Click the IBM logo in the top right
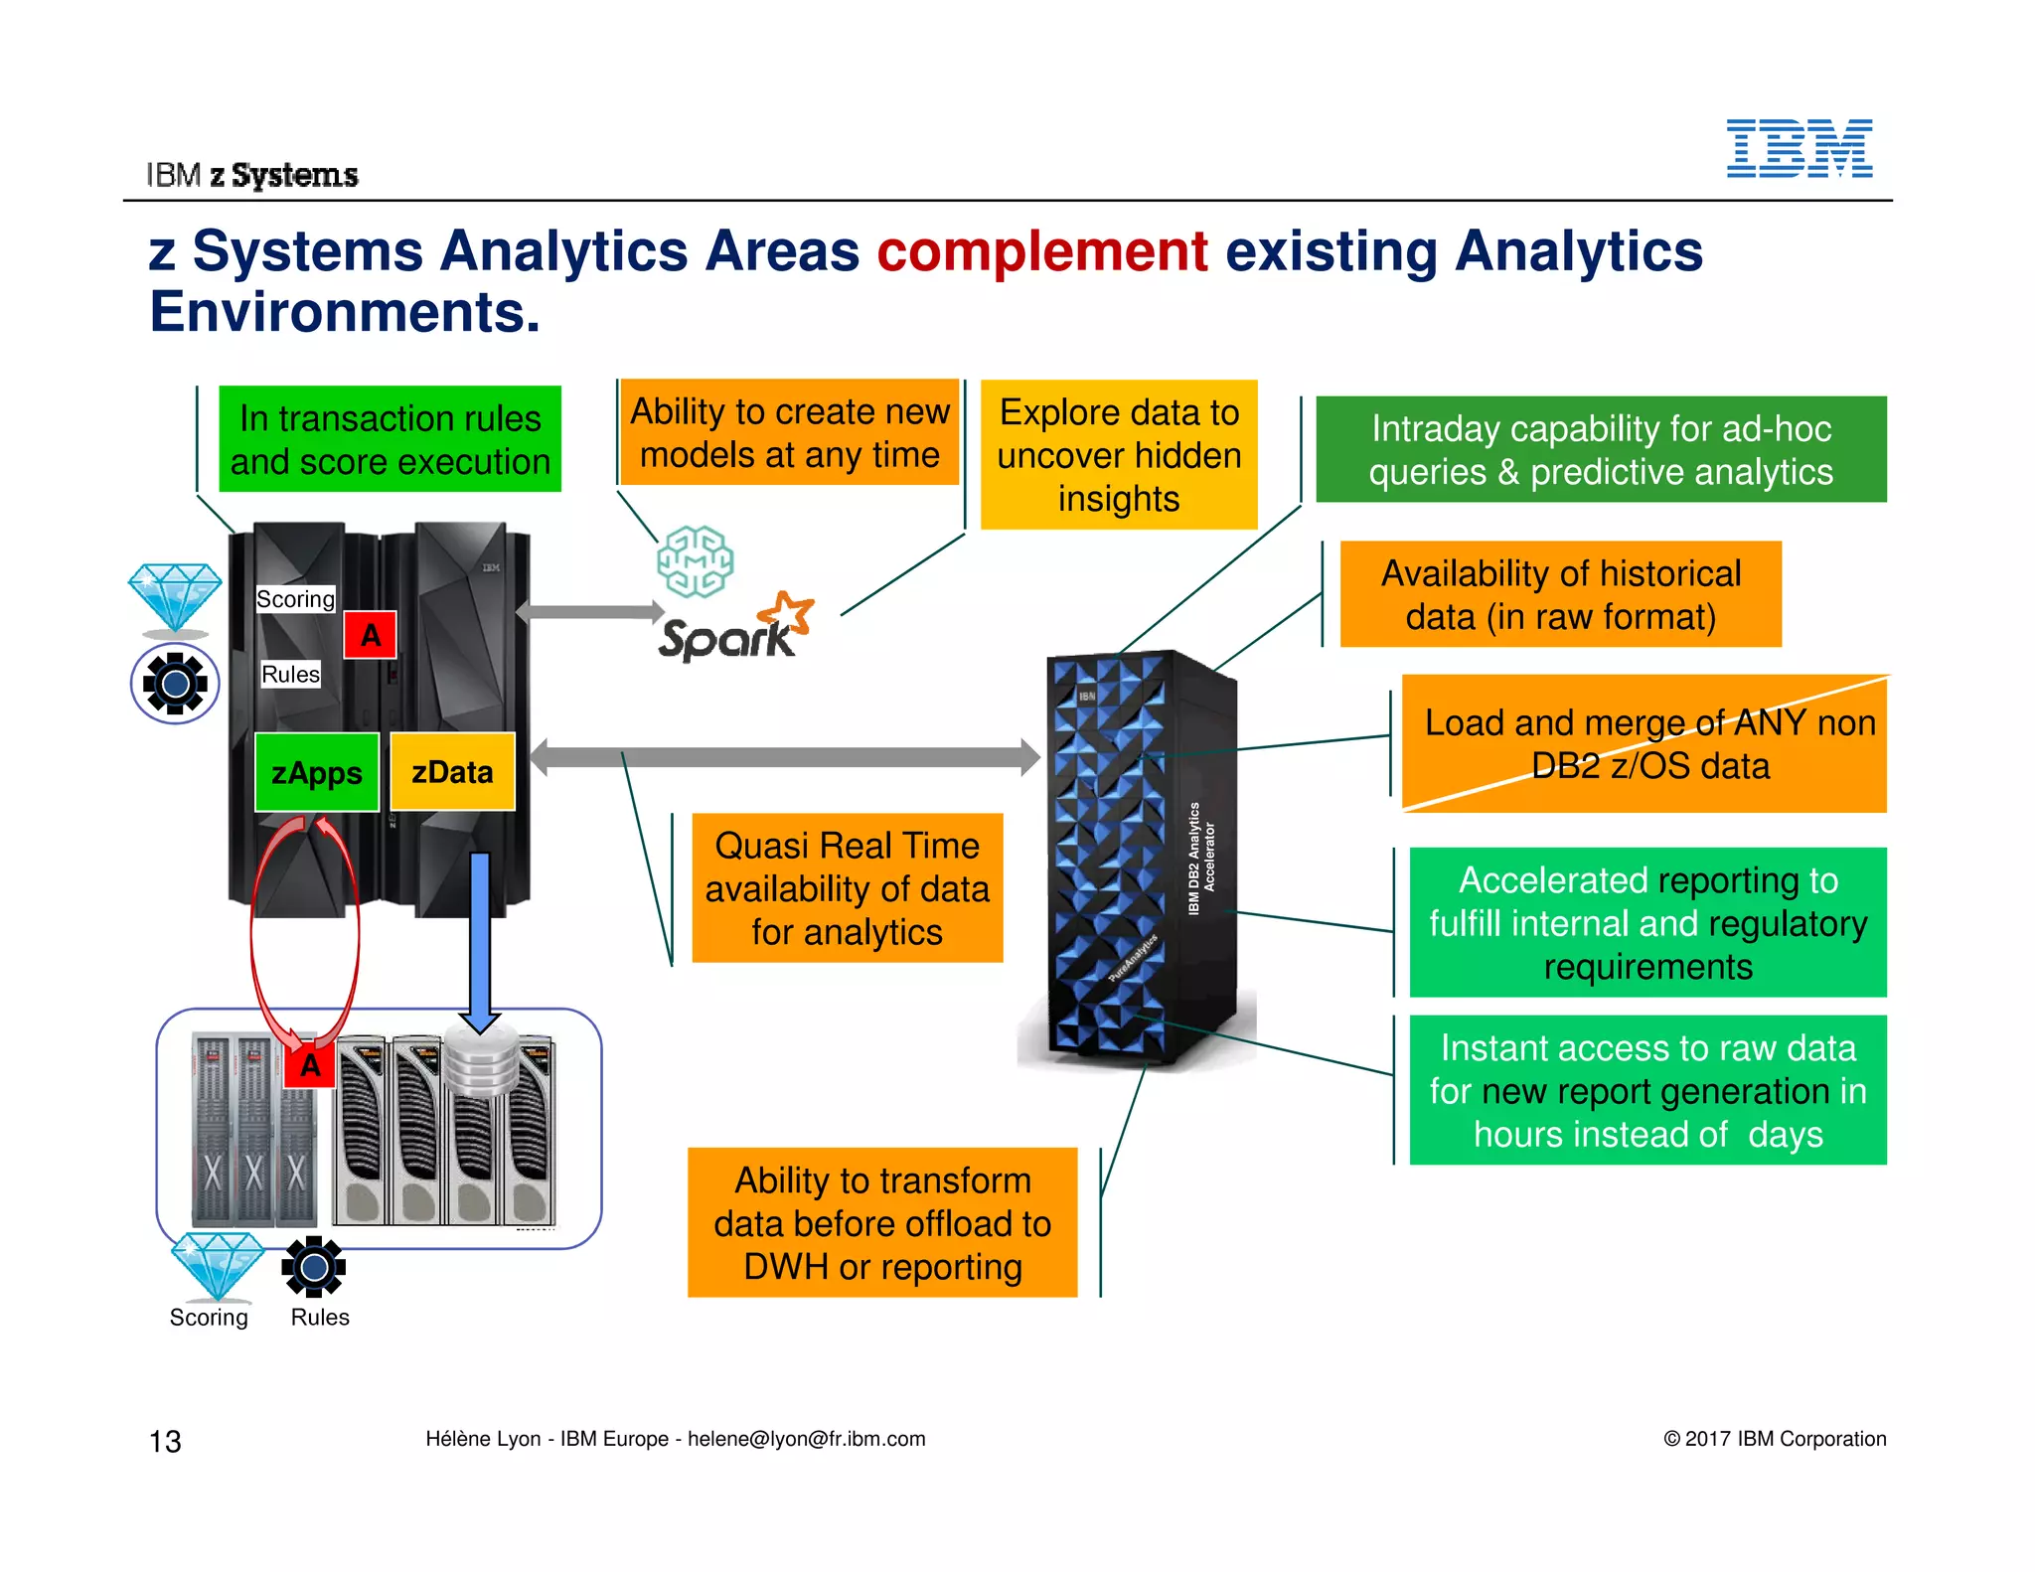(1799, 149)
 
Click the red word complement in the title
(1041, 250)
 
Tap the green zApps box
(316, 772)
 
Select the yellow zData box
(452, 772)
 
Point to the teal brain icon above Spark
(695, 561)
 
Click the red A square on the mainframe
(370, 635)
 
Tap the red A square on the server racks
(309, 1065)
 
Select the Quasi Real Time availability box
(847, 887)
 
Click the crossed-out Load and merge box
(1644, 744)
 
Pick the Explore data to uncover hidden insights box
(1118, 454)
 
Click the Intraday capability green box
(1600, 449)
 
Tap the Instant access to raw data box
(1646, 1090)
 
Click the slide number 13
(165, 1441)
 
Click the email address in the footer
(806, 1439)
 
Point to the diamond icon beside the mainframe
(175, 596)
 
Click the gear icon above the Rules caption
(313, 1267)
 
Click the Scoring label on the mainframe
(295, 599)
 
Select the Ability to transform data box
(881, 1222)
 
